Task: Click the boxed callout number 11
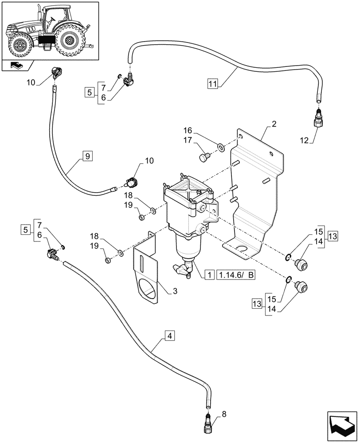point(212,83)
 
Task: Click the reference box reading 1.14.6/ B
point(236,275)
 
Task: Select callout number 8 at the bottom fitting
point(224,414)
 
